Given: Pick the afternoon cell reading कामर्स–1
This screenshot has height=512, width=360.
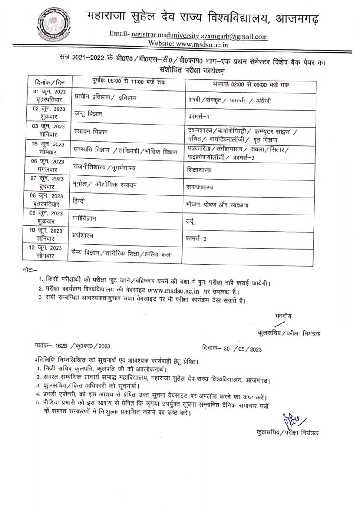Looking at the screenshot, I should click(x=200, y=116).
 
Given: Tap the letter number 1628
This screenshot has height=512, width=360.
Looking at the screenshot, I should click(x=64, y=346).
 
